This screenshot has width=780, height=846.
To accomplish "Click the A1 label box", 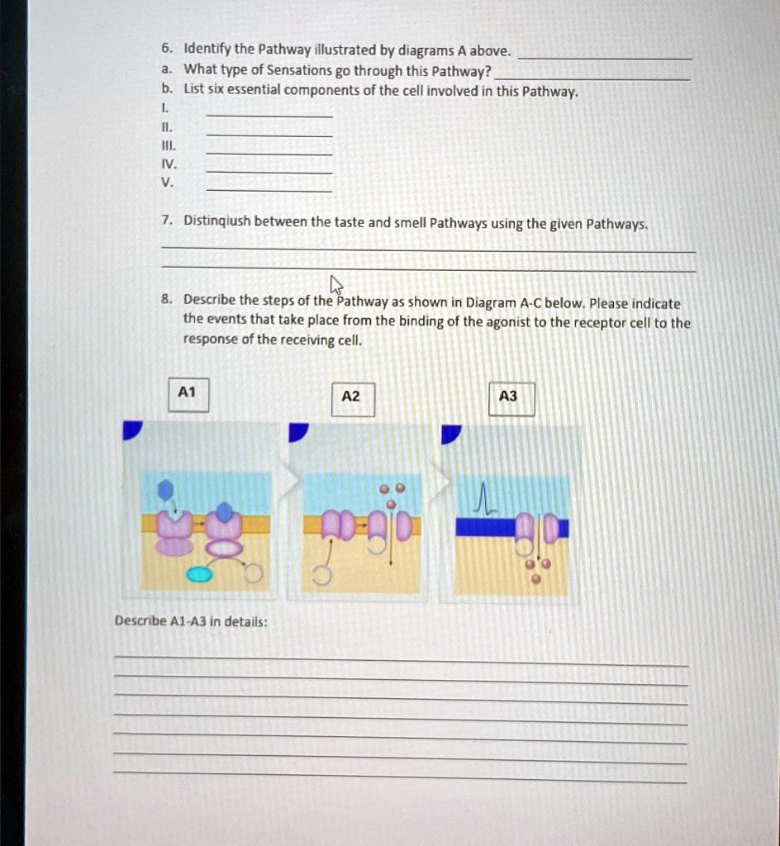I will (x=188, y=394).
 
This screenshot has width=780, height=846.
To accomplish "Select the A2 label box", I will (x=351, y=397).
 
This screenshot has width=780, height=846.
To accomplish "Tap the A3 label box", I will (x=509, y=397).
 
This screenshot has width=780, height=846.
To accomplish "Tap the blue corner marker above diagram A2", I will (x=298, y=432).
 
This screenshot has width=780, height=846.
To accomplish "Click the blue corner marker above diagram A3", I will (x=451, y=433).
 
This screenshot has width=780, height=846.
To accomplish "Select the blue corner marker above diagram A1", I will (x=132, y=430).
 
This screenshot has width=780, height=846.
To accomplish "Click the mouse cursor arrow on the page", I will (x=336, y=286).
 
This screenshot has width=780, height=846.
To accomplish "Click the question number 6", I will (x=166, y=50).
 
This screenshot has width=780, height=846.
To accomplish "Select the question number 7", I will (x=166, y=221).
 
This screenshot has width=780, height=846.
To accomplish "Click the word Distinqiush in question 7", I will (x=217, y=221).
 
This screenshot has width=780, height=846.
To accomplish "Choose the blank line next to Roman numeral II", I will (x=269, y=135).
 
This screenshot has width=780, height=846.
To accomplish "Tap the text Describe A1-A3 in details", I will (x=191, y=620).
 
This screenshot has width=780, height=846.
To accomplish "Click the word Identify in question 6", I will (x=207, y=50).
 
